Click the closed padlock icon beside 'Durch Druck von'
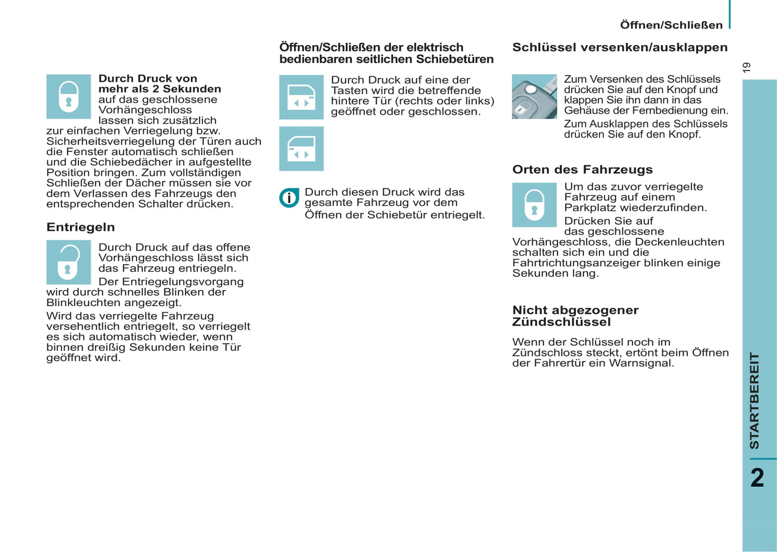tap(68, 96)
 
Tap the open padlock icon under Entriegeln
tap(68, 262)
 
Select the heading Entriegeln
tap(81, 227)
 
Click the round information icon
tap(289, 198)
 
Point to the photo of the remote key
tap(534, 96)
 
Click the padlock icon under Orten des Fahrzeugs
tap(534, 204)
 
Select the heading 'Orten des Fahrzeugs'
tap(582, 169)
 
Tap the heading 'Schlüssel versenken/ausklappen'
tap(619, 47)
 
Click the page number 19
tap(746, 68)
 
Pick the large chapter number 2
tap(757, 478)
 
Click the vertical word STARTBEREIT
tap(754, 401)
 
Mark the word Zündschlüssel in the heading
tap(561, 322)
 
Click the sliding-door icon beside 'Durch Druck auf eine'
tap(301, 97)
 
